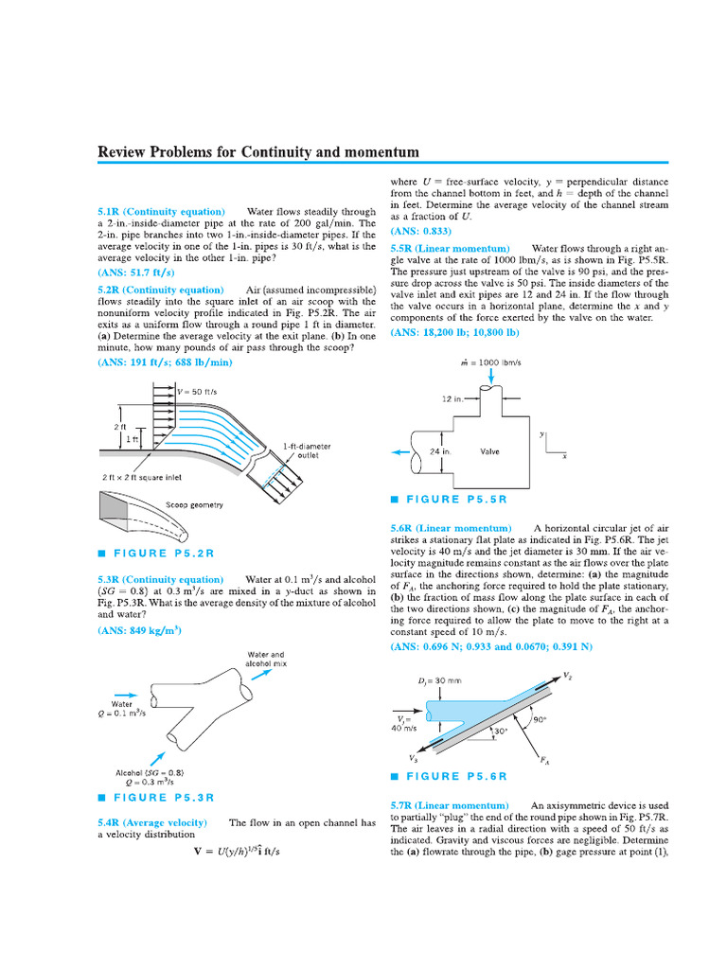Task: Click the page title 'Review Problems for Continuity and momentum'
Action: [x=258, y=152]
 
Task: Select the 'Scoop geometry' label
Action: [x=195, y=504]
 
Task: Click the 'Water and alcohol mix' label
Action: [x=265, y=659]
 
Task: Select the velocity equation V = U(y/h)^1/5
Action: [x=237, y=851]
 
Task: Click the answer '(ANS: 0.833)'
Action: [x=421, y=231]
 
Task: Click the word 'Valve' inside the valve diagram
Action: [x=489, y=451]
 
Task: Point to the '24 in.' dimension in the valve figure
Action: [x=437, y=451]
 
